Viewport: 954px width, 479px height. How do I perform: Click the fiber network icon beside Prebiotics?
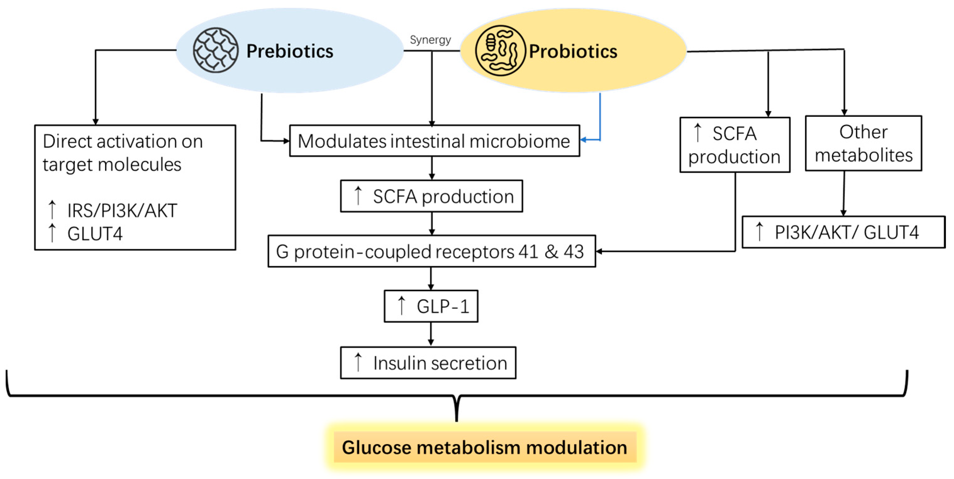(216, 50)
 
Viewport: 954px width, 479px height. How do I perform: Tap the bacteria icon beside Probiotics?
(500, 51)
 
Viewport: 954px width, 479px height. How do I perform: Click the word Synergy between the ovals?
(430, 40)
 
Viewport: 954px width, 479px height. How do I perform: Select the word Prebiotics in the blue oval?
(290, 51)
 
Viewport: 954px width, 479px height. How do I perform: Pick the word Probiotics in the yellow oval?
(573, 51)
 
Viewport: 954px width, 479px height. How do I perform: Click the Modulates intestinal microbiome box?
(434, 141)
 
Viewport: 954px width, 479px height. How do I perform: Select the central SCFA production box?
(432, 196)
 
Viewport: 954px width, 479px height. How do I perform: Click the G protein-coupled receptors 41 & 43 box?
(432, 251)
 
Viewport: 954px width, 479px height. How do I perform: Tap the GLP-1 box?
(431, 306)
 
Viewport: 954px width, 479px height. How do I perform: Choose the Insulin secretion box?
(428, 363)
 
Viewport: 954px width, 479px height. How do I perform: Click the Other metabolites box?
(863, 143)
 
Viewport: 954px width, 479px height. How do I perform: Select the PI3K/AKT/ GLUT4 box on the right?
(843, 232)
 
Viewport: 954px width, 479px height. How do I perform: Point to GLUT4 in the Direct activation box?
(95, 234)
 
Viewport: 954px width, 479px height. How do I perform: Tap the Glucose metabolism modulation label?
(484, 447)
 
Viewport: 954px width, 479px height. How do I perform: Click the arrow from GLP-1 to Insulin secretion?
(431, 334)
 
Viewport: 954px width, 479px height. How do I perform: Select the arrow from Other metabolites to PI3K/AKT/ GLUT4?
(844, 193)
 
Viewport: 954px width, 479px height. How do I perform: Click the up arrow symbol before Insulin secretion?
(358, 362)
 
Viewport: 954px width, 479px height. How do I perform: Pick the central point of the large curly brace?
(457, 407)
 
